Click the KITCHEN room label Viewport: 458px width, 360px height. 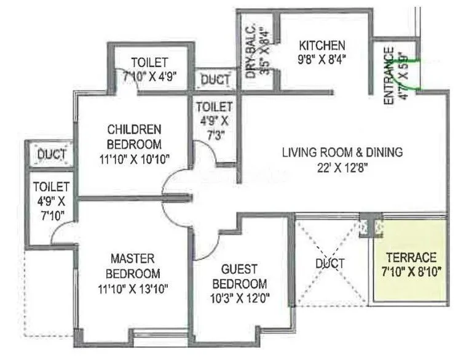tap(322, 46)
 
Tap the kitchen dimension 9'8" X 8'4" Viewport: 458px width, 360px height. tap(322, 60)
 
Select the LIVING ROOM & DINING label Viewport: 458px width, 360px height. tap(342, 151)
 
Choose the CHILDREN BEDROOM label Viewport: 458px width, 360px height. tap(134, 137)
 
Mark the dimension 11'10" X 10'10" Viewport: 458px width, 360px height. tap(134, 160)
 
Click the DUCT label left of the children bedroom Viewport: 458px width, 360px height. tap(52, 154)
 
